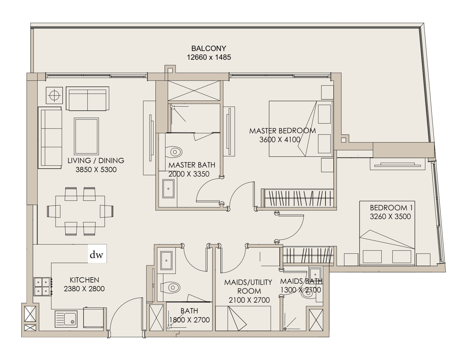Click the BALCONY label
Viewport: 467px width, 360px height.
[208, 48]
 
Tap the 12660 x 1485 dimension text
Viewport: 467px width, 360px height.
[209, 57]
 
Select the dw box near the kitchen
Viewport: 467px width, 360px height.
[97, 254]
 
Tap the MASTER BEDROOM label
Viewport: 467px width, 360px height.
[282, 131]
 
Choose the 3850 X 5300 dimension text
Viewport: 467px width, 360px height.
[96, 170]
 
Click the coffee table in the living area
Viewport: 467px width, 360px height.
[86, 136]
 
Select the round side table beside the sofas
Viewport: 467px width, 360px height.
[54, 95]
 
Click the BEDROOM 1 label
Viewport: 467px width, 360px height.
[391, 208]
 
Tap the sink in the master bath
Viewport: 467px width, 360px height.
[168, 189]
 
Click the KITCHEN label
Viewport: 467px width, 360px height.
[84, 280]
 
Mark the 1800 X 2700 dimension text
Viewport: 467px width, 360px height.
[189, 320]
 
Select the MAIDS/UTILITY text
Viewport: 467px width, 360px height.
[248, 282]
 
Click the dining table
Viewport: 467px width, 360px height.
[80, 211]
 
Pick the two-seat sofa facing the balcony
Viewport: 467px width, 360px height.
[87, 99]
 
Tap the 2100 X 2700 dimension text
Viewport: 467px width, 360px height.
[249, 300]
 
